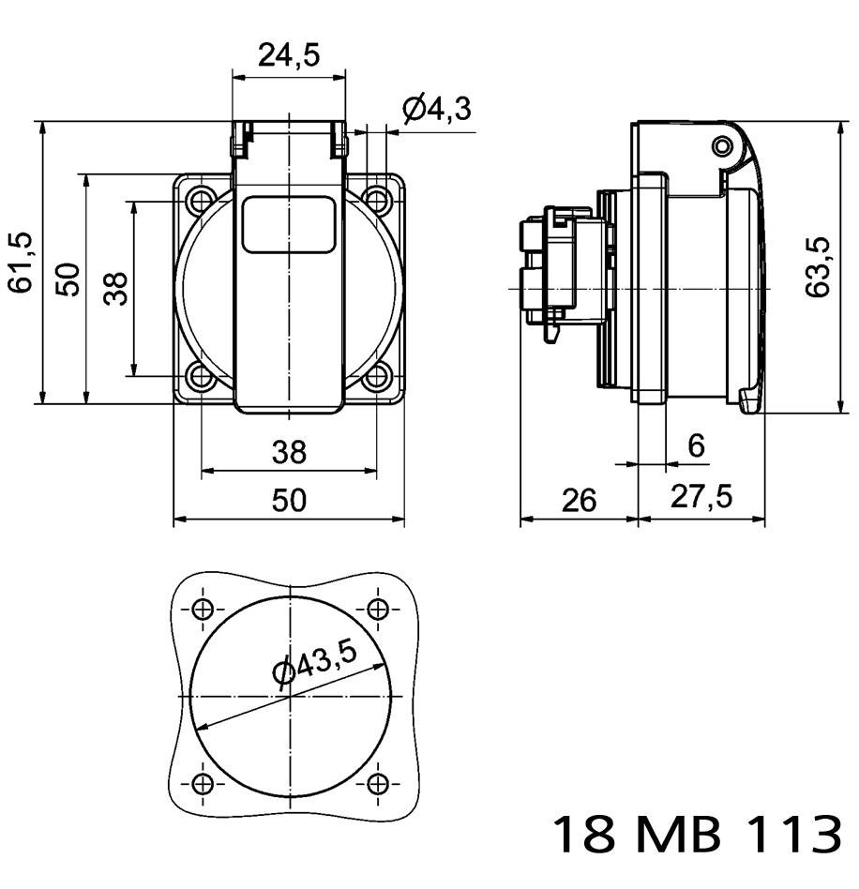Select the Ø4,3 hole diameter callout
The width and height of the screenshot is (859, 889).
[436, 110]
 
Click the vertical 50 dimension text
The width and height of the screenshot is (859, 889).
[67, 279]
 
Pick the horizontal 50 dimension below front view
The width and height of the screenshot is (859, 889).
[289, 500]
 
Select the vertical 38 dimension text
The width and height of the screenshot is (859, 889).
[115, 288]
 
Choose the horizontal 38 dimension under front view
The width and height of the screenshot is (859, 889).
[289, 453]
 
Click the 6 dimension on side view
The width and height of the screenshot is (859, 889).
[696, 446]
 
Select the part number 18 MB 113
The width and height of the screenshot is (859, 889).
[695, 834]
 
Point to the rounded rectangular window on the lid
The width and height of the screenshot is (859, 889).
[289, 225]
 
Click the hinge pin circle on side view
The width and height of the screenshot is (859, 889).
[721, 147]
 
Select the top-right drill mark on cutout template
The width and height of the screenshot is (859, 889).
[378, 609]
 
